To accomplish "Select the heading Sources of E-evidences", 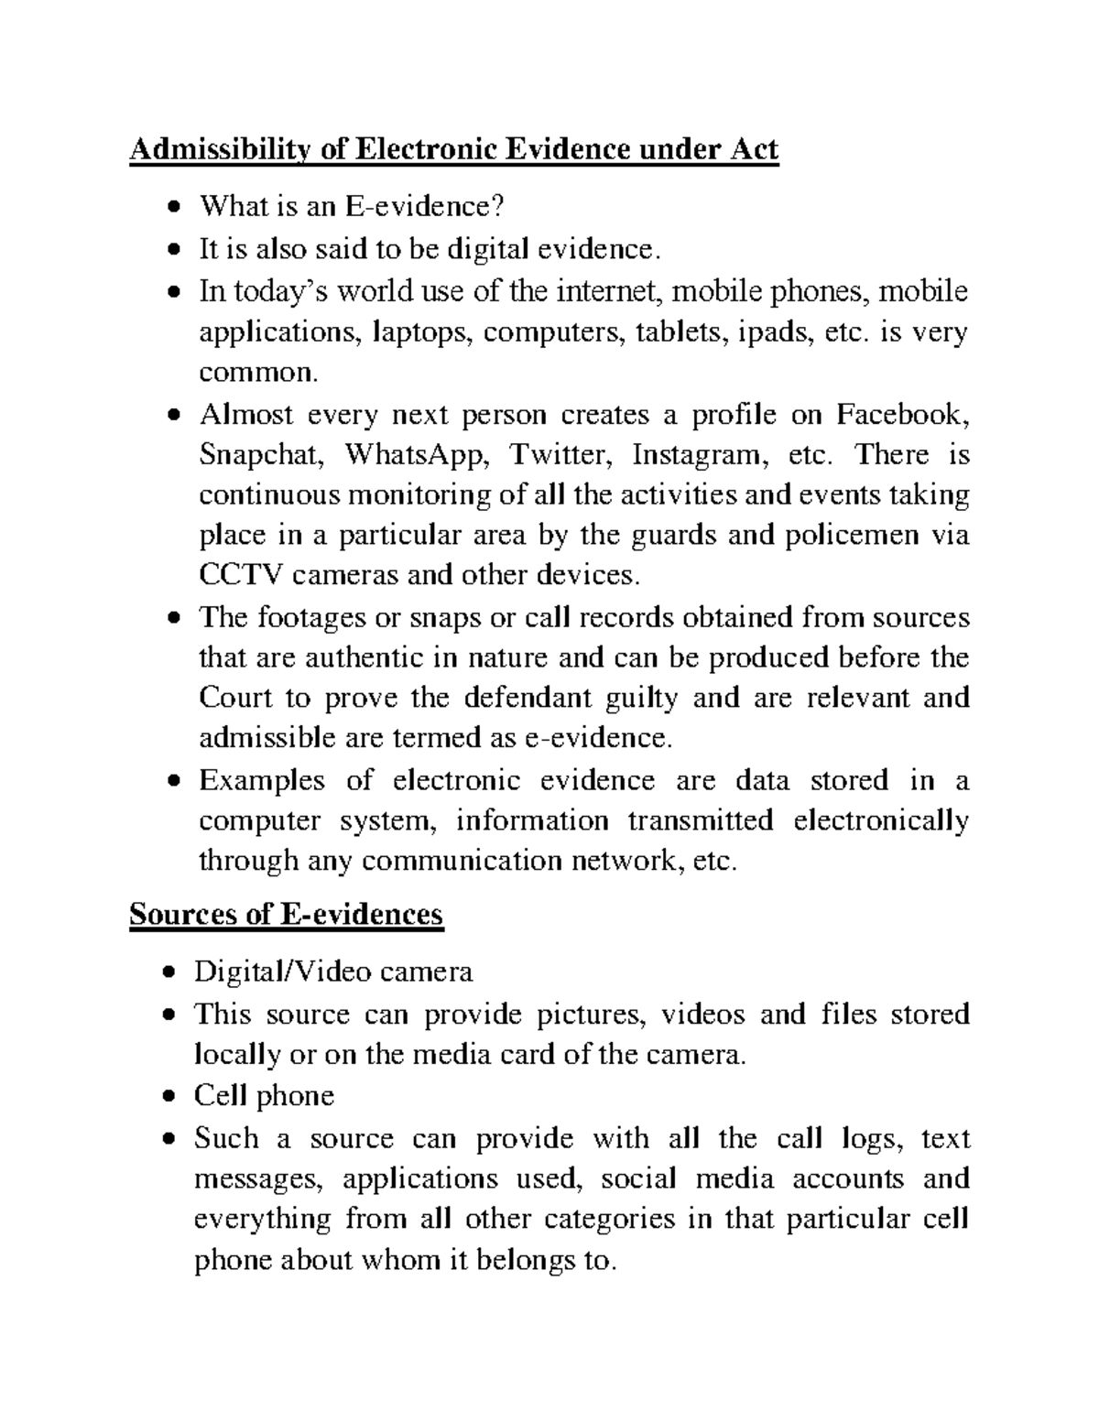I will pos(287,914).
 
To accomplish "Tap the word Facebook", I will pos(900,415).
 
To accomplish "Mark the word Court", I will pos(235,698).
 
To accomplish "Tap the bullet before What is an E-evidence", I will pos(173,208).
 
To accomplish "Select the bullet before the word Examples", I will pos(173,782).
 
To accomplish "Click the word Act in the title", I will pos(752,149).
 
